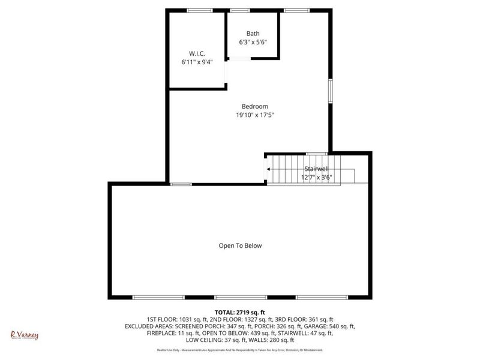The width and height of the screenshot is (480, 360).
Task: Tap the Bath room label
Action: pyautogui.click(x=253, y=34)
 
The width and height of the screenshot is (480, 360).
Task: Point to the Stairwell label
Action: pyautogui.click(x=316, y=169)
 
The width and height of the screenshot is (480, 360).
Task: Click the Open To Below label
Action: pyautogui.click(x=239, y=245)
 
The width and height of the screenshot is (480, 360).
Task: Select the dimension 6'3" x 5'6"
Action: pyautogui.click(x=253, y=42)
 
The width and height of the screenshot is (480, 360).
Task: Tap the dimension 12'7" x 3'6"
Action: pyautogui.click(x=316, y=177)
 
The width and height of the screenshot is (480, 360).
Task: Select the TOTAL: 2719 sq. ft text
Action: pyautogui.click(x=239, y=313)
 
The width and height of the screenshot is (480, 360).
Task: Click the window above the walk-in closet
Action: pyautogui.click(x=199, y=10)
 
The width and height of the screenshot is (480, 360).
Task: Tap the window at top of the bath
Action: pyautogui.click(x=240, y=10)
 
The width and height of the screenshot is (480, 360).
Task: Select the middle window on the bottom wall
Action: pyautogui.click(x=240, y=297)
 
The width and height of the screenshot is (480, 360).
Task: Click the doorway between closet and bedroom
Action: pyautogui.click(x=226, y=72)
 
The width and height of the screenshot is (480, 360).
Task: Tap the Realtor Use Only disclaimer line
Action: pyautogui.click(x=239, y=350)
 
